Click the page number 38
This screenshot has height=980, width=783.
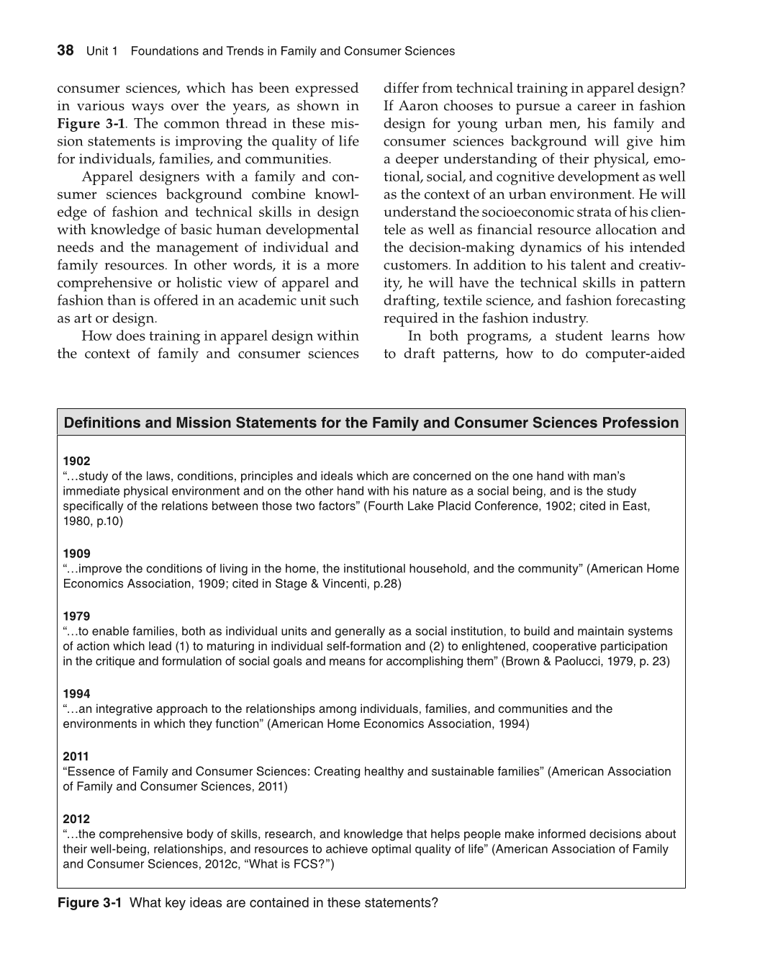[x=65, y=50]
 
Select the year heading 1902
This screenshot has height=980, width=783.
[x=76, y=461]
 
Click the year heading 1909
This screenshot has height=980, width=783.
[x=76, y=554]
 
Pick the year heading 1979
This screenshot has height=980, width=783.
[x=76, y=616]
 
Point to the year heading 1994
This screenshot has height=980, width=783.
[x=76, y=694]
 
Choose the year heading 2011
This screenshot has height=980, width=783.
[x=76, y=756]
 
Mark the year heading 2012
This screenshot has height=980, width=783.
[x=76, y=819]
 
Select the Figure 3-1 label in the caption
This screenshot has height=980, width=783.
[x=89, y=903]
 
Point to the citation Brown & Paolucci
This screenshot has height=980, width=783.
[x=553, y=661]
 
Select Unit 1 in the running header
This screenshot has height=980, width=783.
[x=101, y=51]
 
